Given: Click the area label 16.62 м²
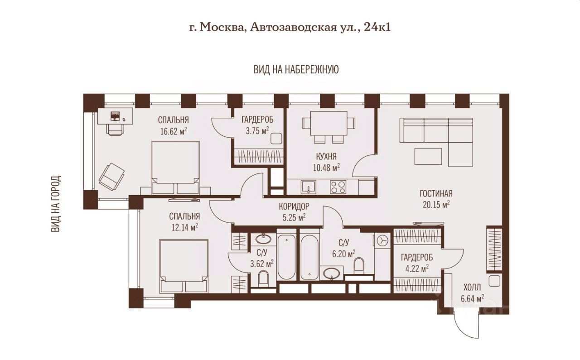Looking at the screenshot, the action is [x=174, y=131].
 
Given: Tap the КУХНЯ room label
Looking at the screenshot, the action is [x=326, y=156].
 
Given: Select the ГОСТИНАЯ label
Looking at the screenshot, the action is [x=436, y=193].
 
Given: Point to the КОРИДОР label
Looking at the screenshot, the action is [x=294, y=206].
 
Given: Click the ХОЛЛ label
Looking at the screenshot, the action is [x=472, y=287].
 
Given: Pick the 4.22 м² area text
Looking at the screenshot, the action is [x=417, y=269].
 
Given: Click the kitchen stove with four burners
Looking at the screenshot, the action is [x=338, y=187].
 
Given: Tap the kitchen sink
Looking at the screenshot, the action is [x=308, y=187].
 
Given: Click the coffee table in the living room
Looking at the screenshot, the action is [x=428, y=156].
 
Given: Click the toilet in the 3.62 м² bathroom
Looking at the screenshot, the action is [x=264, y=278].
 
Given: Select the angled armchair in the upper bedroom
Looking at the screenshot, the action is [x=111, y=177].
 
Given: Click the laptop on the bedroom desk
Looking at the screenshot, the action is [x=115, y=116].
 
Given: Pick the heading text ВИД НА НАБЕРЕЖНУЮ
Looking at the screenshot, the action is [x=296, y=70].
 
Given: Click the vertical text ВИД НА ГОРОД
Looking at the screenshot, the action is [x=56, y=204].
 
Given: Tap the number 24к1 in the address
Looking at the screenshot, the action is [x=377, y=27].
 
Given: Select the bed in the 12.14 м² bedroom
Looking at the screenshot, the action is [x=184, y=266].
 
